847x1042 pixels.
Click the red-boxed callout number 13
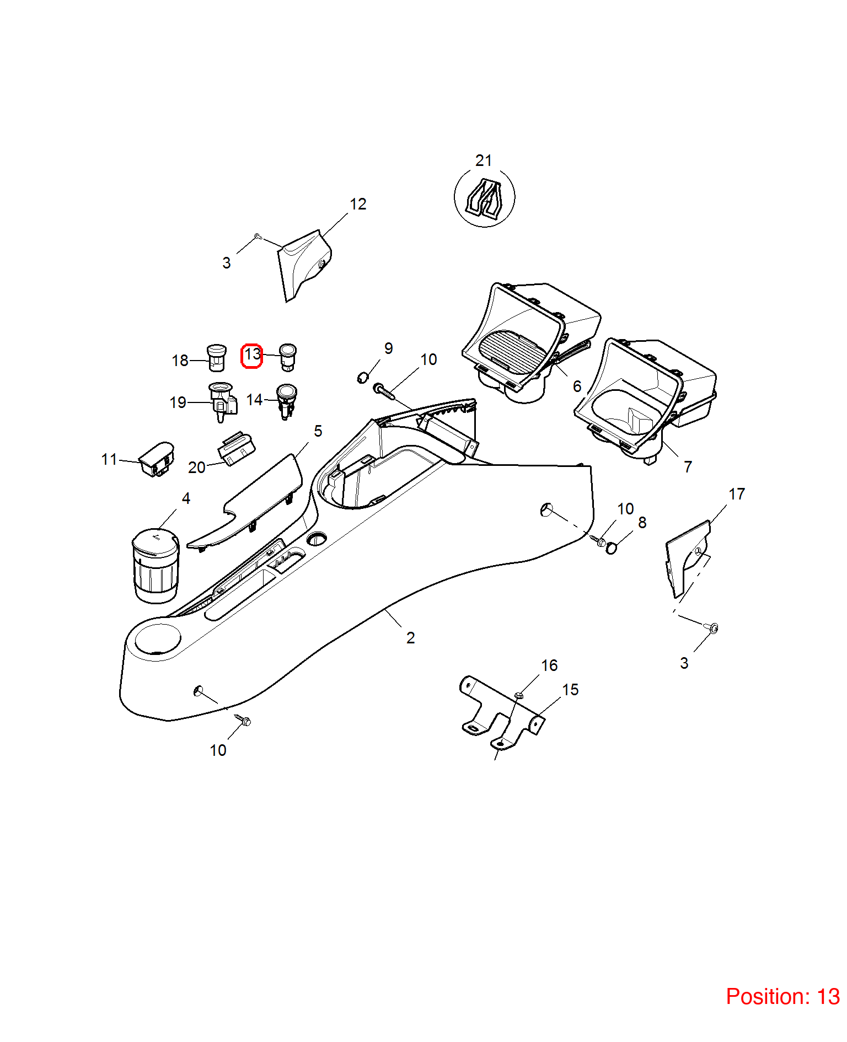tap(252, 354)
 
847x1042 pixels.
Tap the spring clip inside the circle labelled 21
tap(484, 197)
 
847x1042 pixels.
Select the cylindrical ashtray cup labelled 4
tap(156, 566)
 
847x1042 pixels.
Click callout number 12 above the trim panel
tap(358, 204)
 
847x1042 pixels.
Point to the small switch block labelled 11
tap(157, 459)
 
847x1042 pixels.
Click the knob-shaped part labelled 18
tap(217, 357)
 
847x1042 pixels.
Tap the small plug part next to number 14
tap(286, 401)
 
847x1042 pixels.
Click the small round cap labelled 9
tap(362, 378)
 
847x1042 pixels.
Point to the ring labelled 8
tap(611, 548)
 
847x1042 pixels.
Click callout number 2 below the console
tap(410, 638)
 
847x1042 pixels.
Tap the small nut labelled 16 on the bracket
tap(518, 695)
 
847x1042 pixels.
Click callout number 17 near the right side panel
tap(737, 494)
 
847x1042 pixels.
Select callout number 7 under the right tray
tap(688, 467)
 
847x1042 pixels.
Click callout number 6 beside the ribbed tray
tap(577, 386)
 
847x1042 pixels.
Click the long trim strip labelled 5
tap(245, 502)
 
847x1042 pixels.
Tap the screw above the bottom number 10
tap(243, 719)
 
